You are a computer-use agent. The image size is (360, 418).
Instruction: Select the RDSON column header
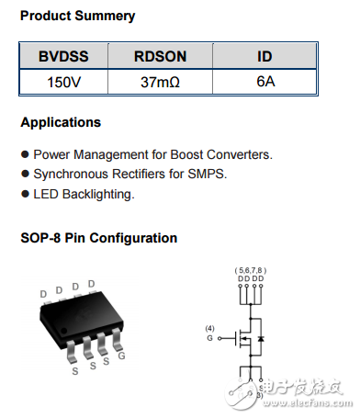click(161, 56)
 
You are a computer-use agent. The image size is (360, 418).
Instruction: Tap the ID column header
click(264, 56)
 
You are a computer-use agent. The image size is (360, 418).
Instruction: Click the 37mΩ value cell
click(161, 81)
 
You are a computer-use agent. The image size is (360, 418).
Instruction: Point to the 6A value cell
click(264, 81)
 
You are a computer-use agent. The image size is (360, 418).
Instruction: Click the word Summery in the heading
click(106, 16)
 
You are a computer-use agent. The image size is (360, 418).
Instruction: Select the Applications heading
click(61, 122)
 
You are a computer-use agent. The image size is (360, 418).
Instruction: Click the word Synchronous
click(72, 174)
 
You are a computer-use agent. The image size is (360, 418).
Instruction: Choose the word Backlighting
click(96, 194)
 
